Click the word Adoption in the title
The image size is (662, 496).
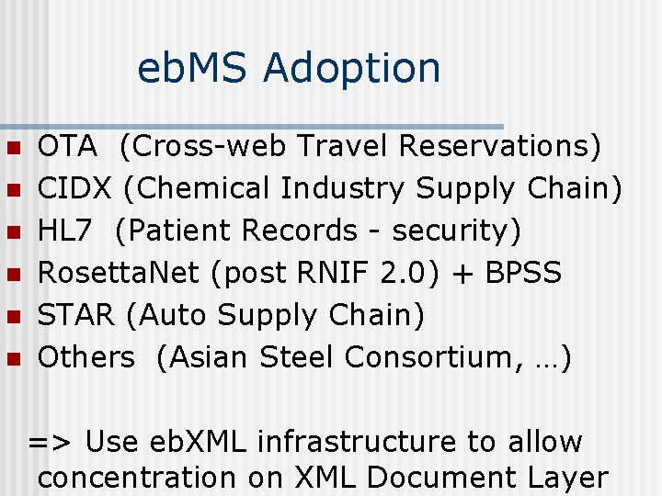[351, 69]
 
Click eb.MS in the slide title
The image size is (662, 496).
[194, 69]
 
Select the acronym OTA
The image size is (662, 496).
[68, 146]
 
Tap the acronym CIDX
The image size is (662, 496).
[74, 188]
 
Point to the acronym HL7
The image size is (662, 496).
[65, 231]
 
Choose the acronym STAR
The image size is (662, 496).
[76, 315]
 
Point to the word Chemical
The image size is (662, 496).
[203, 188]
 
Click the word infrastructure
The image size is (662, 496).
[359, 443]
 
